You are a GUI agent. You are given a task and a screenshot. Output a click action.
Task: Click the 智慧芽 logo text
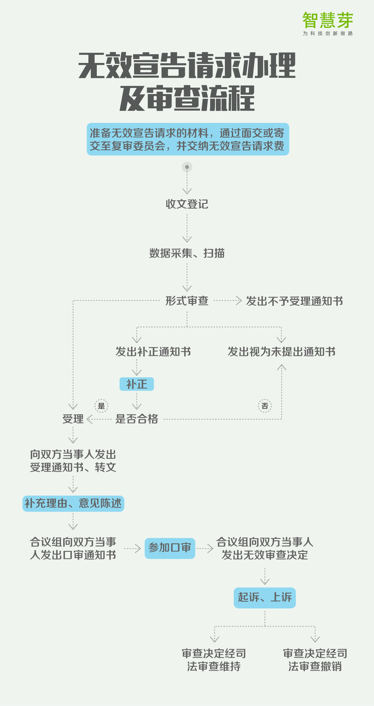coord(328,20)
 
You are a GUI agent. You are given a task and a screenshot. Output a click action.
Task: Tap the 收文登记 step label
coord(187,204)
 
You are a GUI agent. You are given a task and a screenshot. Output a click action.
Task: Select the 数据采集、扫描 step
coord(187,253)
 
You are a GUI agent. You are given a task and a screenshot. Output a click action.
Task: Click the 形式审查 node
coord(187,301)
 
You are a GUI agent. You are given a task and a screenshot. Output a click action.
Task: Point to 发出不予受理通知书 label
coord(294,301)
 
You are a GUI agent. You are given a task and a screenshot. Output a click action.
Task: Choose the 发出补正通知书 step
coord(153,351)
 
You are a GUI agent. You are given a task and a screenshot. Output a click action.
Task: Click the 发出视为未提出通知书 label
coord(282,351)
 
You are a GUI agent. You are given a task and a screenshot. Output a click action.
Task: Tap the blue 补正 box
coord(137,384)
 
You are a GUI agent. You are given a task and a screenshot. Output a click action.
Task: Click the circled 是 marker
coord(101,406)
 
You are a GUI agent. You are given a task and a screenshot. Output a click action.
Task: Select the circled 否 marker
coord(265,406)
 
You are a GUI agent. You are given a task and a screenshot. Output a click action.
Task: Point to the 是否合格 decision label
coord(137,419)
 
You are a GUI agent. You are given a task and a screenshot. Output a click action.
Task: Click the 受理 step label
coord(73,419)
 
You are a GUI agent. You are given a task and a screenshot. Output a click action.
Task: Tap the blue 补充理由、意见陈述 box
coord(73,503)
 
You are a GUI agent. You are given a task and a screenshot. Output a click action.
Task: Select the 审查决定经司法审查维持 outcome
coord(214,660)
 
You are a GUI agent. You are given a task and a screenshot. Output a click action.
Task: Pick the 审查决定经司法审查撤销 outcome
coord(315,660)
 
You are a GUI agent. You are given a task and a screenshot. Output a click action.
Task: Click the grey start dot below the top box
coord(187,167)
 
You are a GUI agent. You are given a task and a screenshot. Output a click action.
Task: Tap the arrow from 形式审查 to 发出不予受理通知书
coord(228,301)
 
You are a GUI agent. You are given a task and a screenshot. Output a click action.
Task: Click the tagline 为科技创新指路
coord(328,33)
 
